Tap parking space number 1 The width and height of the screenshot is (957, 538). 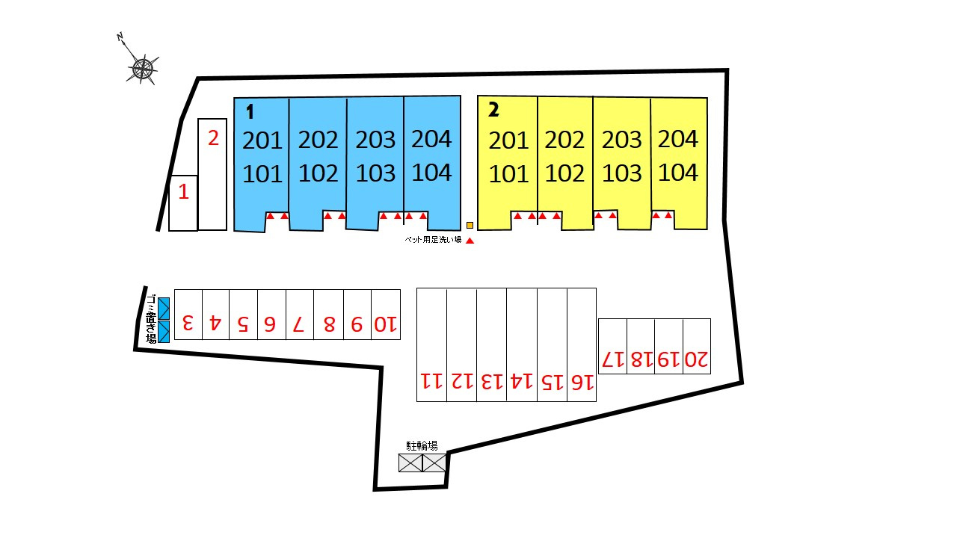(183, 193)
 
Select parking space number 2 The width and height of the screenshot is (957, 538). (212, 139)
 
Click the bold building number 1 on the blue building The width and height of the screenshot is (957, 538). (250, 112)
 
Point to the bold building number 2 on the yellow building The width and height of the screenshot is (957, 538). (493, 110)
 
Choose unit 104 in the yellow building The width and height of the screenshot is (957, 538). (678, 173)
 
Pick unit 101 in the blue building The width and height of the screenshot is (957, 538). (262, 174)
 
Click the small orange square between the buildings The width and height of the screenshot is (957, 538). (470, 225)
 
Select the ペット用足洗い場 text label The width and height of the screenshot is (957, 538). (433, 241)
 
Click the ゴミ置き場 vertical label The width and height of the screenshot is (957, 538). (150, 319)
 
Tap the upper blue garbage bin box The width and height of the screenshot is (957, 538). (164, 308)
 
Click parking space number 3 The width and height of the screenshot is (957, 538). (188, 324)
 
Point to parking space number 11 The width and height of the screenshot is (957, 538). (431, 381)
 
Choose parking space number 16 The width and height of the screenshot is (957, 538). (582, 382)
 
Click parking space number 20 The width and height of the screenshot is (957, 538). (696, 359)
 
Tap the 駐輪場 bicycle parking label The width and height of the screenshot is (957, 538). (422, 446)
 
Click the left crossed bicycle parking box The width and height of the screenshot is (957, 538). (410, 463)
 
